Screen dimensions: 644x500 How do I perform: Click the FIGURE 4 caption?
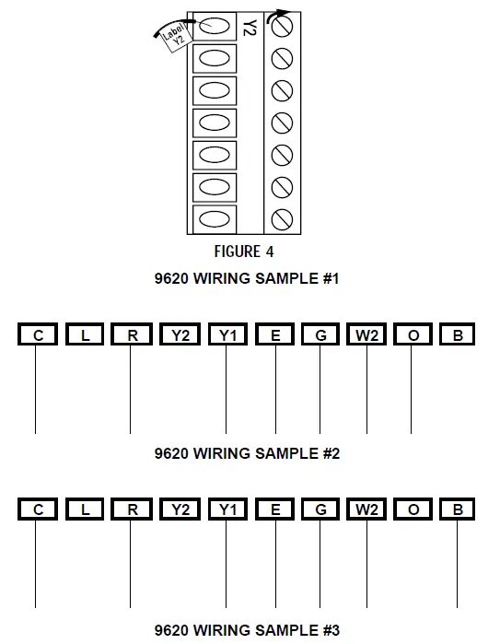[x=244, y=251]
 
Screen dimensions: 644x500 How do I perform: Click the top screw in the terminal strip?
[x=283, y=28]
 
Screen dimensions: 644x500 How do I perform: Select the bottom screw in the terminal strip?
[x=283, y=219]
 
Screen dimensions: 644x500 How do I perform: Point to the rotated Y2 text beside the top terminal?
[x=249, y=27]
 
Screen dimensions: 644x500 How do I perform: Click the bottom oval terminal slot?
[x=214, y=219]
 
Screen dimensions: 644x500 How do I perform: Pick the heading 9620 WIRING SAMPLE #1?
[x=248, y=278]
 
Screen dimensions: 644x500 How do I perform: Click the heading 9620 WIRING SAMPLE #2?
[x=248, y=453]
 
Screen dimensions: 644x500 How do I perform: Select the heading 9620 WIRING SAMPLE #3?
[x=248, y=630]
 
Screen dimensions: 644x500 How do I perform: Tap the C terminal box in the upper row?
[x=38, y=335]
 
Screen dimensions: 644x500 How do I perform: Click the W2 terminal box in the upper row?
[x=366, y=335]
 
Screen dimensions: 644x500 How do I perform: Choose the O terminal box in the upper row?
[x=413, y=335]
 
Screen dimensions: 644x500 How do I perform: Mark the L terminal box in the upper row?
[x=86, y=335]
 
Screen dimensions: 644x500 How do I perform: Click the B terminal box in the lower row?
[x=458, y=509]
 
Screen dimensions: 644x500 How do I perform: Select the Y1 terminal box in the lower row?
[x=227, y=509]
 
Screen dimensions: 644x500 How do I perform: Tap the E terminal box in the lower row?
[x=275, y=509]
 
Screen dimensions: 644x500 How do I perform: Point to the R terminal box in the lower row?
[x=132, y=509]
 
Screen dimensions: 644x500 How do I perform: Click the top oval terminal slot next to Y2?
[x=214, y=27]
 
